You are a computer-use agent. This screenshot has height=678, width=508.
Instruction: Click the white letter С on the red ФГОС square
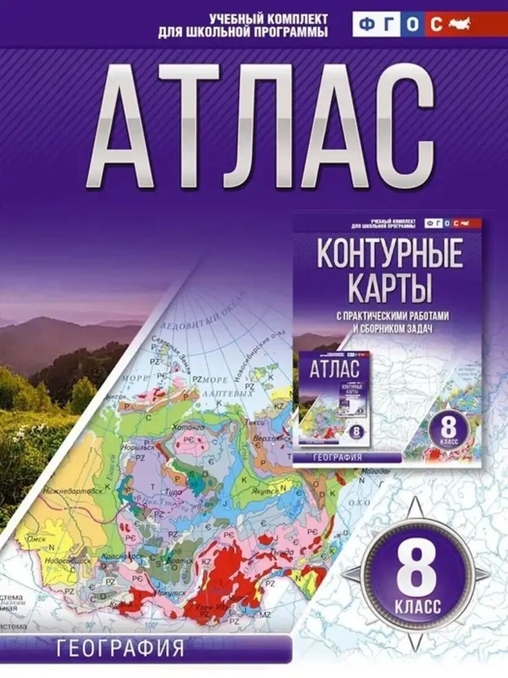click(x=436, y=25)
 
